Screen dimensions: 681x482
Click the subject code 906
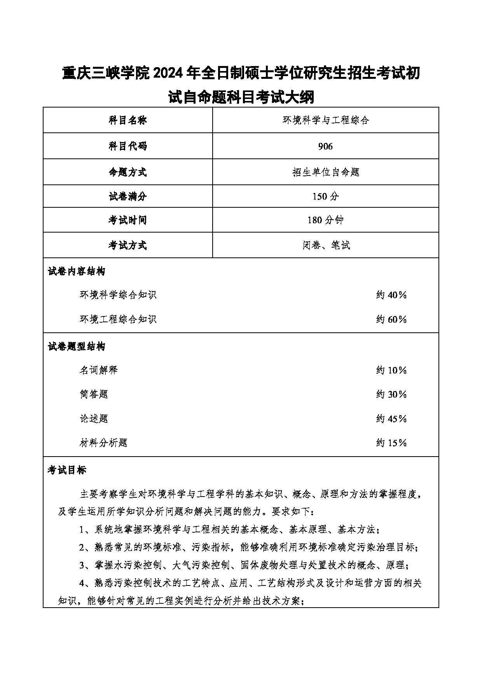pyautogui.click(x=325, y=146)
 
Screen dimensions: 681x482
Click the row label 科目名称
pyautogui.click(x=127, y=120)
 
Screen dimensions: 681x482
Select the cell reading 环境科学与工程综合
pyautogui.click(x=325, y=120)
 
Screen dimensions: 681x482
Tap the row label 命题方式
pyautogui.click(x=127, y=172)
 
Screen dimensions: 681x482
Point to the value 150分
pyautogui.click(x=325, y=196)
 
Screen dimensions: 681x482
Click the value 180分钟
pyautogui.click(x=325, y=220)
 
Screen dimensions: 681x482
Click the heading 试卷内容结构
pyautogui.click(x=77, y=271)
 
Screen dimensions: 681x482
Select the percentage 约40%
pyautogui.click(x=391, y=295)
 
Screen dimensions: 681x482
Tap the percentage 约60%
pyautogui.click(x=391, y=320)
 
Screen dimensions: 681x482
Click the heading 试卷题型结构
pyautogui.click(x=77, y=346)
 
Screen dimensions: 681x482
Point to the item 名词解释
pyautogui.click(x=98, y=370)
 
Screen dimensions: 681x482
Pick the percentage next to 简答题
pyautogui.click(x=391, y=394)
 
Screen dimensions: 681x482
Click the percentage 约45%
pyautogui.click(x=391, y=419)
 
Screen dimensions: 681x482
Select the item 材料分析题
pyautogui.click(x=103, y=443)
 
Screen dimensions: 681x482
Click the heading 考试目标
pyautogui.click(x=67, y=470)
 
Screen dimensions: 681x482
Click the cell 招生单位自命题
pyautogui.click(x=325, y=172)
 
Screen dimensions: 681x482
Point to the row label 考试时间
pyautogui.click(x=127, y=220)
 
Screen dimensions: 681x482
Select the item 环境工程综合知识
pyautogui.click(x=118, y=320)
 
